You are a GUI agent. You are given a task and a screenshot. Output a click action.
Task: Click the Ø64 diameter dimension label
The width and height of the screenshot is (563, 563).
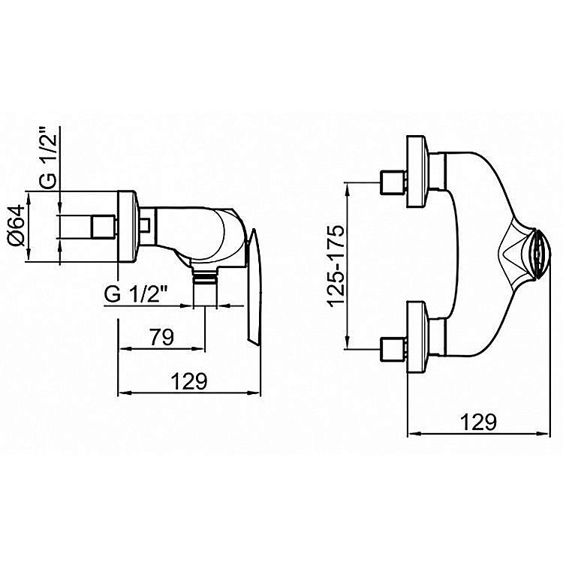(x=17, y=226)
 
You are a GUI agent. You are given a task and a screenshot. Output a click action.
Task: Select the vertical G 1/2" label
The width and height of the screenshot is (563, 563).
(x=48, y=158)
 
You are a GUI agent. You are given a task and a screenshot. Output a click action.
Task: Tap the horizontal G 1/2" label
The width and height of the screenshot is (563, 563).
(x=137, y=295)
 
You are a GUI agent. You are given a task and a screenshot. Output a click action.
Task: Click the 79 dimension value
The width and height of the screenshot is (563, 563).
(x=161, y=336)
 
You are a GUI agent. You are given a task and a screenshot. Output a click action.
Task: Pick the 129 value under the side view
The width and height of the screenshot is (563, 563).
(x=189, y=381)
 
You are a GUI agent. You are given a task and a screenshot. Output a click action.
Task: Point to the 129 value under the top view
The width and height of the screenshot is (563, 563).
(x=479, y=422)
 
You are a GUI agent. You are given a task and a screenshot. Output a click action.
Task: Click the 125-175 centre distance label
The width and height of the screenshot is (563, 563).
(x=336, y=266)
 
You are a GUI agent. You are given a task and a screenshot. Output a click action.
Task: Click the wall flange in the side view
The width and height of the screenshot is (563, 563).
(x=127, y=227)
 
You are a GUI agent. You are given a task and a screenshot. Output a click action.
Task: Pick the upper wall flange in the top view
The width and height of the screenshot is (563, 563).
(x=417, y=172)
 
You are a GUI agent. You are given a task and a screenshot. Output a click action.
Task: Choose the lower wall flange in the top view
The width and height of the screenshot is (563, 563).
(x=417, y=337)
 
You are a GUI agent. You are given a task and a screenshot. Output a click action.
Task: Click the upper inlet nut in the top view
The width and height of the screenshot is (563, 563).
(x=393, y=182)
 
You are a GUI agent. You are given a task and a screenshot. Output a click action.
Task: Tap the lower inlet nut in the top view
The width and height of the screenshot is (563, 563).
(x=393, y=348)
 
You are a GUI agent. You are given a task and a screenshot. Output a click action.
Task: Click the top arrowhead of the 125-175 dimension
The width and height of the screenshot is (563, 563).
(x=348, y=188)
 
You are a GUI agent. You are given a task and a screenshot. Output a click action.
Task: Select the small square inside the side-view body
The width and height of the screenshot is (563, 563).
(x=144, y=224)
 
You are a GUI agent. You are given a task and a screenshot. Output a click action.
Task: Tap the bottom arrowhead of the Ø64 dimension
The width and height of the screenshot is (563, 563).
(x=29, y=256)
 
